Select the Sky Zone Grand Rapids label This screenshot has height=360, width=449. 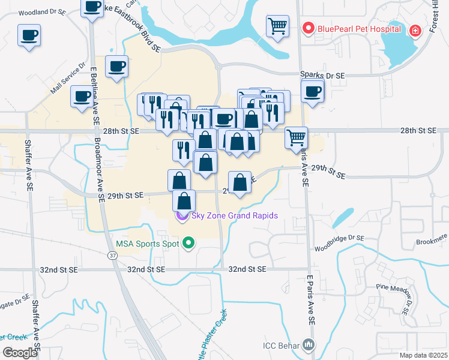[x=234, y=215]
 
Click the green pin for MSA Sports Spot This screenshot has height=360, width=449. [x=189, y=243]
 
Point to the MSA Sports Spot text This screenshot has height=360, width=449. [x=148, y=244]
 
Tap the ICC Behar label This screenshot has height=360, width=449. [x=282, y=345]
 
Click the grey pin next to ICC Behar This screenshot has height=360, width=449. [x=309, y=344]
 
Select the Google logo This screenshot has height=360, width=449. [x=20, y=352]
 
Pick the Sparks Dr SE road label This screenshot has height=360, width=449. [x=323, y=76]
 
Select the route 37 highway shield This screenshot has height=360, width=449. [x=113, y=255]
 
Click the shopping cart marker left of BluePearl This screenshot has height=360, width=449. [x=277, y=26]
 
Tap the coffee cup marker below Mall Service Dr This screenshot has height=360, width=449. [x=82, y=96]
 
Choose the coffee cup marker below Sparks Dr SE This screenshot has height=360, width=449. [x=312, y=92]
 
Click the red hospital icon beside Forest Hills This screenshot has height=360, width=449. [x=414, y=30]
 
